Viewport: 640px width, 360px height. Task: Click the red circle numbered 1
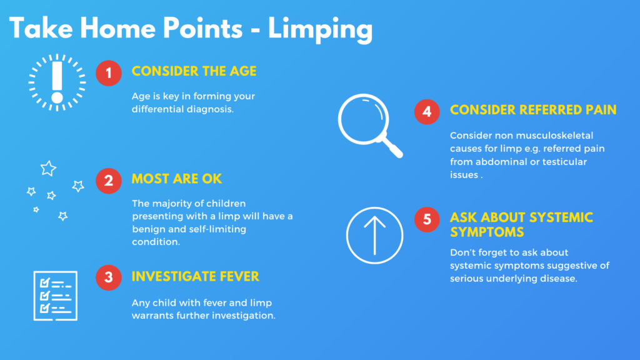coord(108,72)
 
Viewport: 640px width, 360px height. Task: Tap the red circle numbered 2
coord(108,181)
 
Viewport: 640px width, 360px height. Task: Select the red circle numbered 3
coord(108,277)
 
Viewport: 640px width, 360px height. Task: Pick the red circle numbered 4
coord(426,111)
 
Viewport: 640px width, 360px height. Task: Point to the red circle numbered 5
coord(426,219)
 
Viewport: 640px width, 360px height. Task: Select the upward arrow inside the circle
coord(374,234)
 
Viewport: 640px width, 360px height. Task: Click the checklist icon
coord(55,296)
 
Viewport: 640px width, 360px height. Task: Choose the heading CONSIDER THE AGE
coord(194,71)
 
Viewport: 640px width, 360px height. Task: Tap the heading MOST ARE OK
coord(177,179)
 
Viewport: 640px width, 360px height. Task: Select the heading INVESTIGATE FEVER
coord(195,276)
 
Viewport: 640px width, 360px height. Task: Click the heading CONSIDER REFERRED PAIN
coord(533,110)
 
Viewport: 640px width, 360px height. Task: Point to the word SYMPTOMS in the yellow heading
coord(487,232)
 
